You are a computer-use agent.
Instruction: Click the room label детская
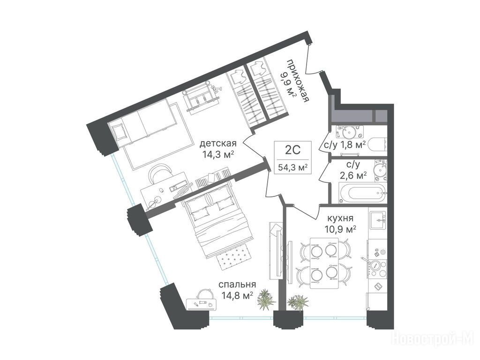click(x=218, y=143)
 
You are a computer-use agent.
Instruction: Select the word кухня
click(x=340, y=218)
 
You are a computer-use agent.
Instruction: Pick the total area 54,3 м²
click(x=293, y=167)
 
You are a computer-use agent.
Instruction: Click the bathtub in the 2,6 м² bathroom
click(x=362, y=193)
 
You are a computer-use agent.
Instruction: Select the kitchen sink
click(x=378, y=220)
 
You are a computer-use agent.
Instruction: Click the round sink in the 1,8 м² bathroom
click(x=348, y=133)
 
